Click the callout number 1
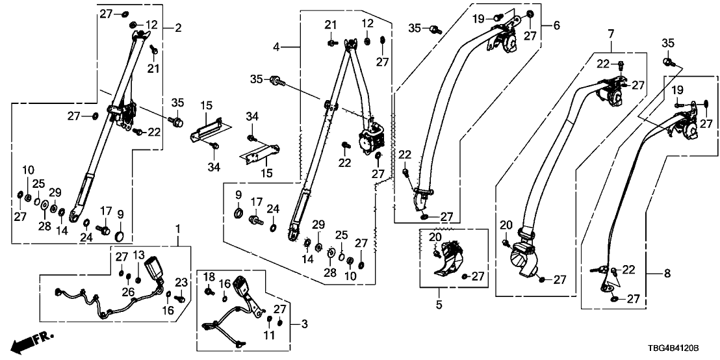click(177, 229)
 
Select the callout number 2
click(178, 27)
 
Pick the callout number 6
click(556, 25)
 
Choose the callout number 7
click(611, 33)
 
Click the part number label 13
click(138, 254)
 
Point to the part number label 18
click(209, 277)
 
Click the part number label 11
click(270, 335)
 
